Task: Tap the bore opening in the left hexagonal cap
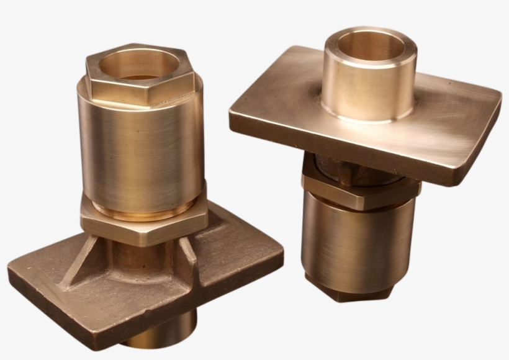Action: point(140,65)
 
